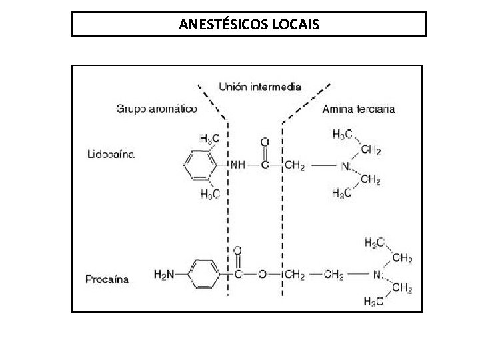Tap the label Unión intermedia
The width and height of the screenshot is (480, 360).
260,87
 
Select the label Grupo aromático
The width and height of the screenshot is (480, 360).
157,108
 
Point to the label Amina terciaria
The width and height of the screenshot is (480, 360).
358,108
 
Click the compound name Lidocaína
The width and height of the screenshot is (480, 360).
111,154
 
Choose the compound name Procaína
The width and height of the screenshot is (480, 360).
107,279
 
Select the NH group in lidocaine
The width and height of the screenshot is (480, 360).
237,165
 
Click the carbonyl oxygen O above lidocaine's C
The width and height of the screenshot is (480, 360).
265,143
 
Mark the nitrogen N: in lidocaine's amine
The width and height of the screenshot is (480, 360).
347,165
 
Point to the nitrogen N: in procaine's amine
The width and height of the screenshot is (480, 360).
379,275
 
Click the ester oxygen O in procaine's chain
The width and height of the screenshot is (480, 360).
263,275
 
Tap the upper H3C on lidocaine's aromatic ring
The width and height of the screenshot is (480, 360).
210,138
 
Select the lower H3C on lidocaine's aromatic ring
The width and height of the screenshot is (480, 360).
210,193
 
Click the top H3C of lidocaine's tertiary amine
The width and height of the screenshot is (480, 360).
342,133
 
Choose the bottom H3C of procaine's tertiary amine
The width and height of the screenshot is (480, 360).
373,302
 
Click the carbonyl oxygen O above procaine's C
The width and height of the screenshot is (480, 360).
237,251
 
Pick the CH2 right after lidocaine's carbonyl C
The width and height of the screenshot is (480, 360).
294,165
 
